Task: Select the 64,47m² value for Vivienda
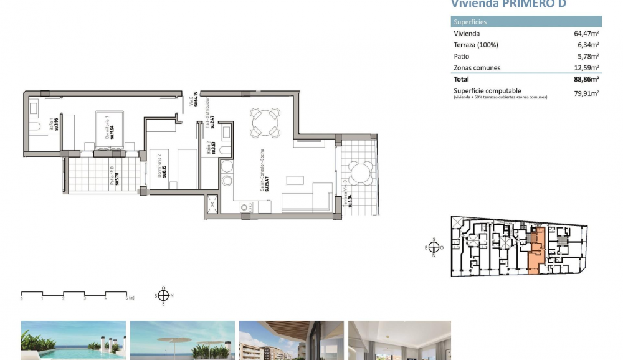[x=586, y=34]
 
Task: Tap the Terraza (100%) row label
[x=476, y=45]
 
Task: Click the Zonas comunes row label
[x=477, y=67]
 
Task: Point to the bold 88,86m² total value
[x=586, y=79]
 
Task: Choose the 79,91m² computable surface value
[x=586, y=93]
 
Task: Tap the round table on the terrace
[x=358, y=173]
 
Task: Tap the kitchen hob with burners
[x=247, y=207]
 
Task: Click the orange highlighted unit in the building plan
[x=536, y=252]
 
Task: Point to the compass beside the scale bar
[x=163, y=296]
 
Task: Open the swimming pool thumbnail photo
[x=74, y=340]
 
